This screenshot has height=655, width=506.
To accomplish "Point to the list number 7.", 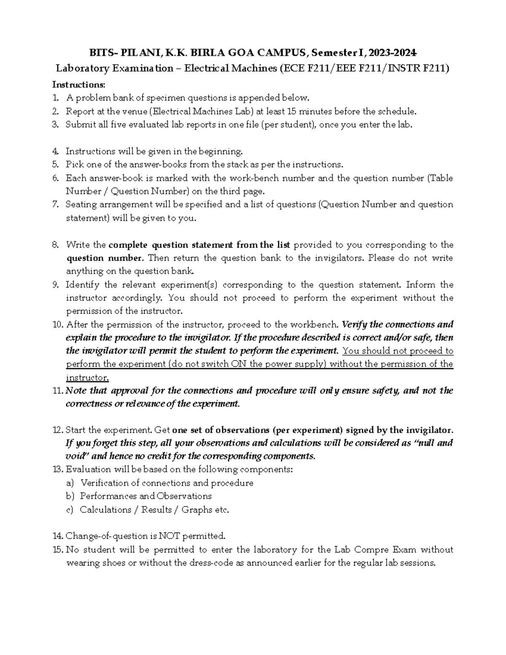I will [55, 205].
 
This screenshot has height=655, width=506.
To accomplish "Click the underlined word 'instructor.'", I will [87, 377].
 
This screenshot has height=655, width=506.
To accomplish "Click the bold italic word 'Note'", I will [76, 391].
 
